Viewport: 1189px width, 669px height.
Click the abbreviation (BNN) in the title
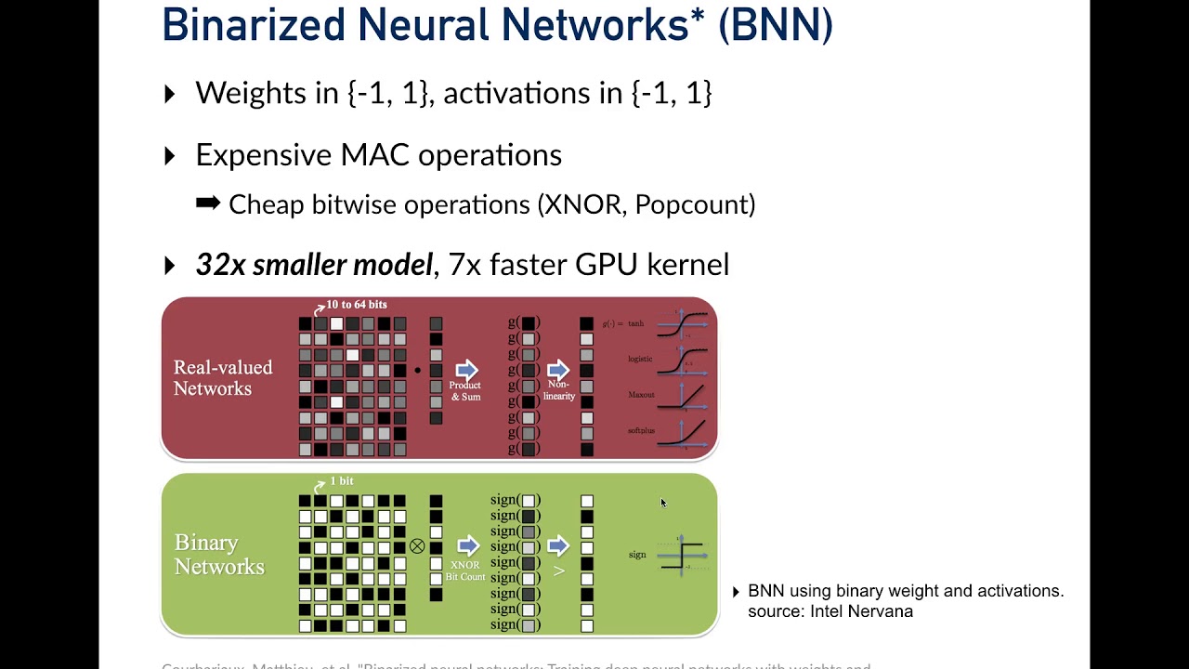coord(776,25)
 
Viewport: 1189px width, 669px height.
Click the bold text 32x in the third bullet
coord(220,265)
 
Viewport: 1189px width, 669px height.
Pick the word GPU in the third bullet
coord(607,265)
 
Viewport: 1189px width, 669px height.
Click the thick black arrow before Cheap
coord(208,203)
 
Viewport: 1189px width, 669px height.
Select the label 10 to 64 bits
coord(356,305)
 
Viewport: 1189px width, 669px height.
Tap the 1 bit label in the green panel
coord(341,481)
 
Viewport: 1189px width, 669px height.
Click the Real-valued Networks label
coord(223,378)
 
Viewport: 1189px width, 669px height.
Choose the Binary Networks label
coord(219,555)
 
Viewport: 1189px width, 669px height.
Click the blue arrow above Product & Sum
coord(466,370)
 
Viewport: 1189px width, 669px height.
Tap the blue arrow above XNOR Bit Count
coord(467,545)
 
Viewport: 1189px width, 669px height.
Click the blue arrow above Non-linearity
coord(557,370)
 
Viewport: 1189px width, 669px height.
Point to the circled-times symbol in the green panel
coord(417,546)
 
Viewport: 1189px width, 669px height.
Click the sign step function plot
coord(683,555)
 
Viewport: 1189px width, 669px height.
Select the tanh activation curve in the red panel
coord(683,324)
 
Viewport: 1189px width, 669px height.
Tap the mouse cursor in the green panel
coord(663,504)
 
